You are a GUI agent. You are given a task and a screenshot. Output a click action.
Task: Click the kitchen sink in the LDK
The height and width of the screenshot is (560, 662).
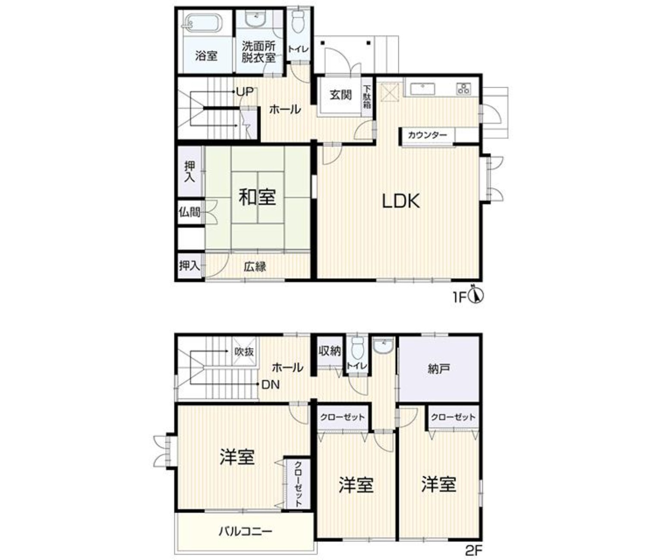[x=422, y=89]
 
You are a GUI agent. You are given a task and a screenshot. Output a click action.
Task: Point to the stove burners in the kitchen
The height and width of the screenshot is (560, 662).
[x=463, y=88]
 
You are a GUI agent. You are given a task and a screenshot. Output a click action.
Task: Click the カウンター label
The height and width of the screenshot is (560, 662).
[x=427, y=135]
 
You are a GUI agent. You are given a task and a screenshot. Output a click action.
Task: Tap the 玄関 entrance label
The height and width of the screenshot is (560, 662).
[x=340, y=94]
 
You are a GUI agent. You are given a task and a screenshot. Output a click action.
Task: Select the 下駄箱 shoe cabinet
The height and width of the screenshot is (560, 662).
[x=367, y=97]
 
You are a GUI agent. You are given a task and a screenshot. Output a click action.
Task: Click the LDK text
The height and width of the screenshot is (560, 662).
[x=401, y=201]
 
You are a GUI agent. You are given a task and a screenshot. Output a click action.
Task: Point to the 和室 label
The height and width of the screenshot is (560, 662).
[x=257, y=197]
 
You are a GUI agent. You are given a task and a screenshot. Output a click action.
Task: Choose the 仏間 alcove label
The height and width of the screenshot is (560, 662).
[x=189, y=212]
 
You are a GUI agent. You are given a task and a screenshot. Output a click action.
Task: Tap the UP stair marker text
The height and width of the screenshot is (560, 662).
[x=245, y=92]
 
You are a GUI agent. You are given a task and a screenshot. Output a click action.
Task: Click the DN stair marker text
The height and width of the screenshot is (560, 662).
[x=271, y=384]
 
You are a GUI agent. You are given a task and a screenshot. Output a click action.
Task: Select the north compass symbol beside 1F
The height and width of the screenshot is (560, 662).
[x=476, y=295]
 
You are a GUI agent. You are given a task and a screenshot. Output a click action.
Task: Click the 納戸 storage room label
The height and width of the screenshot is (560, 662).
[x=439, y=369]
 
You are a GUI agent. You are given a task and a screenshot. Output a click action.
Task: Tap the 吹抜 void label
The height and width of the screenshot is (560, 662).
[x=244, y=352]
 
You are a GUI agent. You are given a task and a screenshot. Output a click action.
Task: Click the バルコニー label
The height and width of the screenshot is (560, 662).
[x=246, y=532]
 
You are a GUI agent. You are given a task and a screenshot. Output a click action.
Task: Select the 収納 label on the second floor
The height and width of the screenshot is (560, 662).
[x=330, y=351]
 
